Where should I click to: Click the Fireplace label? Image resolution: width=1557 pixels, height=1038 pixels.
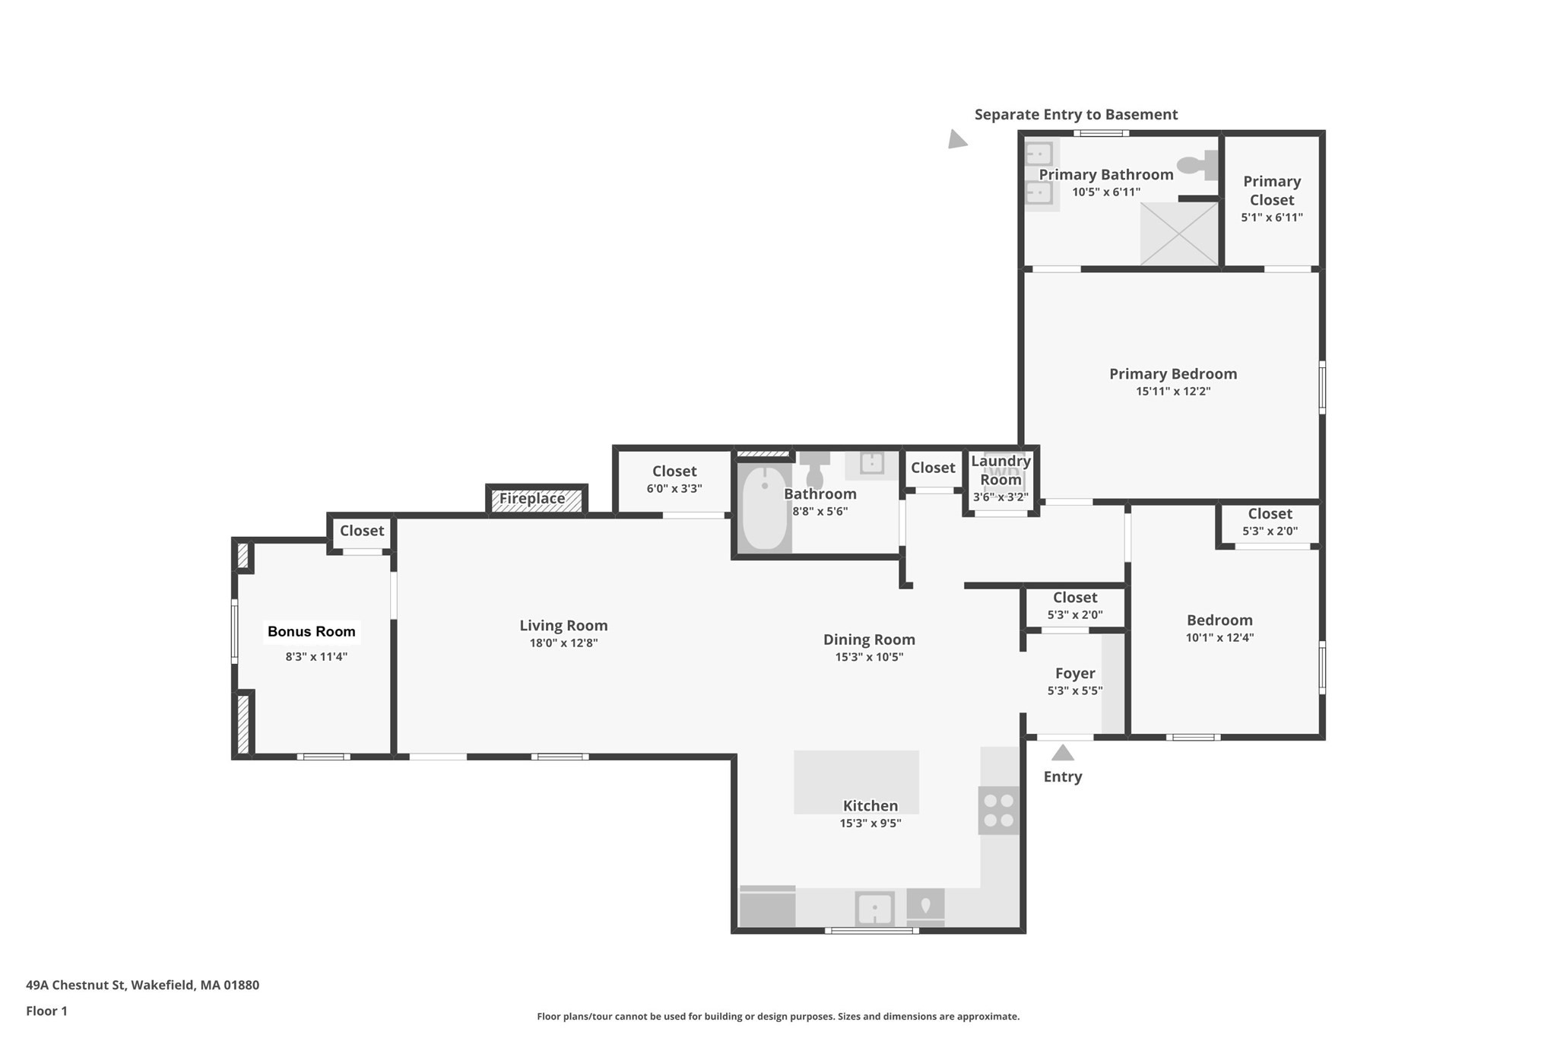tap(532, 499)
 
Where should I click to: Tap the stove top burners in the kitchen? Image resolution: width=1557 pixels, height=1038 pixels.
tap(998, 810)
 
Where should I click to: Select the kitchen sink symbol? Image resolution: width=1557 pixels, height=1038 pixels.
tap(874, 909)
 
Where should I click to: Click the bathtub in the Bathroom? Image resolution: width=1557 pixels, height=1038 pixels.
tap(764, 507)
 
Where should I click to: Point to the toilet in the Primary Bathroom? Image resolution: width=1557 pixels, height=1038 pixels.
tap(1197, 164)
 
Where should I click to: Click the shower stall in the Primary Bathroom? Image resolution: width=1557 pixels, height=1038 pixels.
tap(1178, 233)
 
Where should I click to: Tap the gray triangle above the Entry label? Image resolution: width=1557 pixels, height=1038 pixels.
tap(1062, 752)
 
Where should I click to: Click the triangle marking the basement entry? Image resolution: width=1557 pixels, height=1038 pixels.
tap(956, 139)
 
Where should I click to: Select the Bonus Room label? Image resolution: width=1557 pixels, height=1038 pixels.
tap(312, 631)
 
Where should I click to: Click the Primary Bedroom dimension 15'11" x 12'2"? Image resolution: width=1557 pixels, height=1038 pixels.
tap(1173, 391)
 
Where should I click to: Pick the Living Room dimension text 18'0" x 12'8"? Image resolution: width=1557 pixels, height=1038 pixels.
tap(563, 643)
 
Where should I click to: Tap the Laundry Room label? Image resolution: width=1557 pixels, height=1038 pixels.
tap(1000, 470)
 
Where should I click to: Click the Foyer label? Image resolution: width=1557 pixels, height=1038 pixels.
tap(1075, 673)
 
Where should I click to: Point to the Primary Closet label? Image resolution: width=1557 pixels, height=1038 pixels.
tap(1272, 190)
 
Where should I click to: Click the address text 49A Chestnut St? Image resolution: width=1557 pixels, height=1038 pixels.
tap(75, 985)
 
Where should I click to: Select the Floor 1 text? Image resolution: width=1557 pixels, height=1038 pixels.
tap(46, 1011)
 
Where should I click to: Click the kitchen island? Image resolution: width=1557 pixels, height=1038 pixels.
tap(856, 782)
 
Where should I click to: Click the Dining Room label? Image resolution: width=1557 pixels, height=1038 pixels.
tap(869, 640)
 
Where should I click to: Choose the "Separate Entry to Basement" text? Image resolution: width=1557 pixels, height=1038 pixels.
tap(1076, 114)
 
